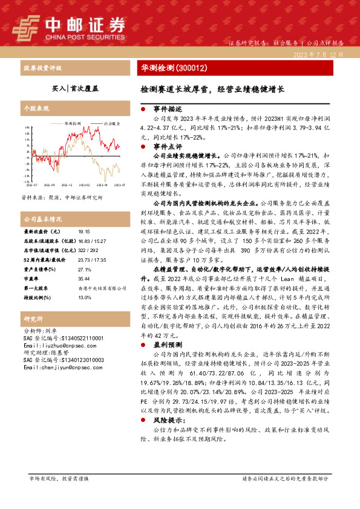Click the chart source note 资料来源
click(62, 198)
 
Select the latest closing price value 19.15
click(83, 231)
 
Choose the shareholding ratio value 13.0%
click(84, 297)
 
